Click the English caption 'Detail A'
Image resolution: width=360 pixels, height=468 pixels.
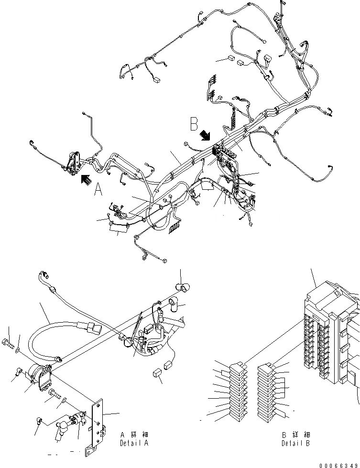point(134,443)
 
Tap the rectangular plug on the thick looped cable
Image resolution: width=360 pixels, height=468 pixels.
point(94,330)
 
